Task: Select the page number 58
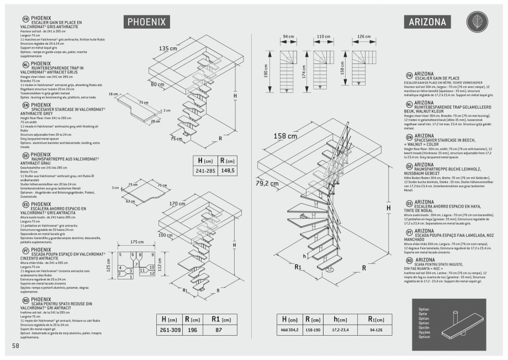pyautogui.click(x=15, y=345)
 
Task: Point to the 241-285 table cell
pyautogui.click(x=204, y=171)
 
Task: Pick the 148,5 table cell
pyautogui.click(x=227, y=171)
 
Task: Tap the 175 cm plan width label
pyautogui.click(x=137, y=242)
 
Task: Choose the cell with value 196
pyautogui.click(x=193, y=330)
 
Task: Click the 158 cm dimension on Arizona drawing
pyautogui.click(x=285, y=136)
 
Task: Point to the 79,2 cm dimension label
pyautogui.click(x=267, y=183)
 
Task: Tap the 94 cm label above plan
pyautogui.click(x=288, y=37)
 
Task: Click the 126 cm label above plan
pyautogui.click(x=364, y=37)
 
